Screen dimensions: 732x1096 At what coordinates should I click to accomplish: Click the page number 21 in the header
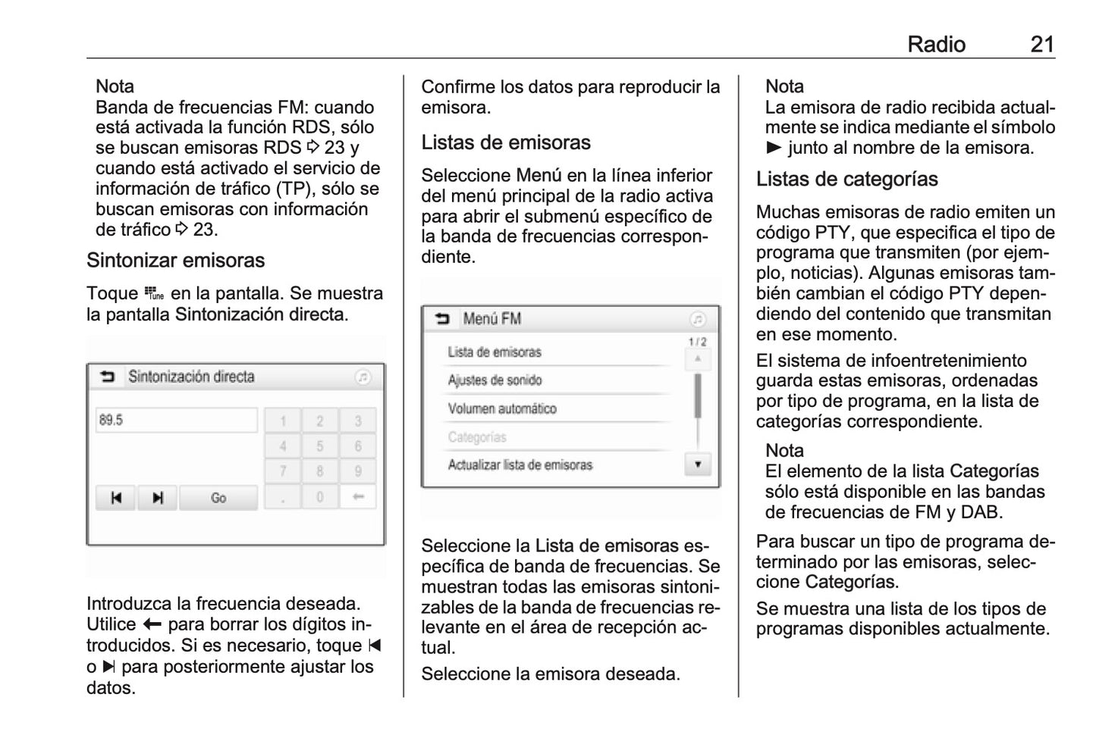point(1042,44)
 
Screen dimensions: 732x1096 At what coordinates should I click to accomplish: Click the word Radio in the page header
point(936,44)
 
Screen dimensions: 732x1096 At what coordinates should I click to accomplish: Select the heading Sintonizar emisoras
point(175,261)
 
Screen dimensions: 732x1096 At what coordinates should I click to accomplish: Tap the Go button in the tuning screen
point(218,498)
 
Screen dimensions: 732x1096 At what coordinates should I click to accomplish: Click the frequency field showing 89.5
point(177,420)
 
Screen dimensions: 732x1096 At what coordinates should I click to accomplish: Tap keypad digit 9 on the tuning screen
point(358,471)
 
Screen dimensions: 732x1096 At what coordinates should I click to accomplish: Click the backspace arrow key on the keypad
point(358,497)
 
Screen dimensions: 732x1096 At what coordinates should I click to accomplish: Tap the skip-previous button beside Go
point(116,498)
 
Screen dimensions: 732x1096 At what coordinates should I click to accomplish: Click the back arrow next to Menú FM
point(442,319)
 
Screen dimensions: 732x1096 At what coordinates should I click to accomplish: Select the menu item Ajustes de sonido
point(495,380)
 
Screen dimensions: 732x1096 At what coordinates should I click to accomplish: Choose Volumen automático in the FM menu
point(502,409)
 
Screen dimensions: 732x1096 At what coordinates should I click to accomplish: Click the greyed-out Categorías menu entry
point(477,437)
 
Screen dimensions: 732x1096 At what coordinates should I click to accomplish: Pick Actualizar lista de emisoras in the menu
point(520,465)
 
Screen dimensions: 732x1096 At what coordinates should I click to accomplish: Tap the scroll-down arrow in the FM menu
point(698,465)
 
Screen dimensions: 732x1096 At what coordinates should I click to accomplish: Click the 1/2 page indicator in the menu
point(697,343)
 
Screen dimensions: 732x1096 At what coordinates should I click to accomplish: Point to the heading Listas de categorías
point(846,180)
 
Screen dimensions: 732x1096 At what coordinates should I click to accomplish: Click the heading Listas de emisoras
point(506,142)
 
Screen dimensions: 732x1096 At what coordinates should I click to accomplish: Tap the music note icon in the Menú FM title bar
point(699,319)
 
